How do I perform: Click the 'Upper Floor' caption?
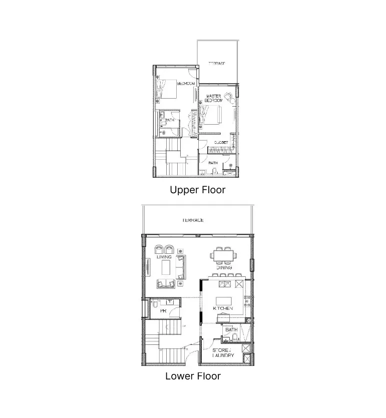[x=197, y=190]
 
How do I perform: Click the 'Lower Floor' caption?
[x=193, y=376]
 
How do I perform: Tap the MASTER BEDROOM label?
[x=214, y=98]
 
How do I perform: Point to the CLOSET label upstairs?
[x=221, y=143]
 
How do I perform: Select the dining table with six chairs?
[x=223, y=256]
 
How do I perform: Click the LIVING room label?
[x=164, y=257]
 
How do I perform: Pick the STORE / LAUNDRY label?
[x=223, y=352]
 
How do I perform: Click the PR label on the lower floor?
[x=163, y=311]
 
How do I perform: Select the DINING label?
[x=224, y=268]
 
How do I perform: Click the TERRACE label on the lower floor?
[x=193, y=221]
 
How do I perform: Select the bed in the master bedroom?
[x=212, y=115]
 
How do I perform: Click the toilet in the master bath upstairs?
[x=214, y=172]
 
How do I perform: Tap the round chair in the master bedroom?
[x=228, y=96]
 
